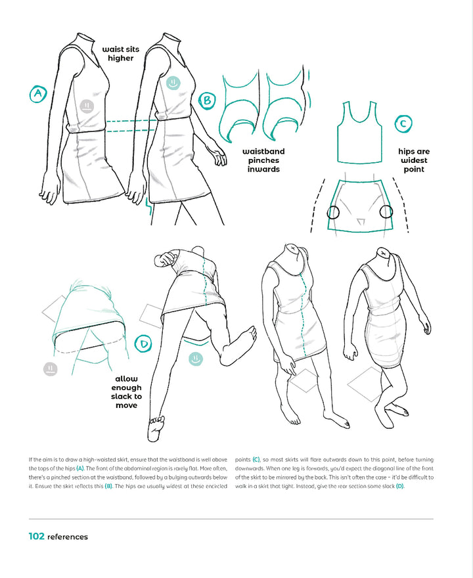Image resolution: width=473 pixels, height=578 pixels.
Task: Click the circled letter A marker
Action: coord(37,95)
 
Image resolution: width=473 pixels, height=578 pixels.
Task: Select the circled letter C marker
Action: coord(403,123)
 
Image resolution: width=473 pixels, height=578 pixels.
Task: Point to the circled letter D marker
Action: coord(144,343)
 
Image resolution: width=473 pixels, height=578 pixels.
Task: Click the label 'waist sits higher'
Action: coord(118,53)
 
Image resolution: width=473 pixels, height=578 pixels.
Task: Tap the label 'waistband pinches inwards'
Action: coord(263,160)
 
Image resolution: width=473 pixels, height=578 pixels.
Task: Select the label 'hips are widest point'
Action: coord(414,160)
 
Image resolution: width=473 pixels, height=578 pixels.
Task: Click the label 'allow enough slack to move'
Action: coord(127,392)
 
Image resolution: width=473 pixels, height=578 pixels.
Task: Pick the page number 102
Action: coord(36,536)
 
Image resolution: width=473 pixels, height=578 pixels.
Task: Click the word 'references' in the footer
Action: coord(68,537)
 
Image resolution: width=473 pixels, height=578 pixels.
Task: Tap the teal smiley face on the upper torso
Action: coord(172,83)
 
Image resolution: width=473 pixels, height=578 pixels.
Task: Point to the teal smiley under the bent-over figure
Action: coord(194,359)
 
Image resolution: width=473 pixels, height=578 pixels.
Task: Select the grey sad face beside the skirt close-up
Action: coord(51,368)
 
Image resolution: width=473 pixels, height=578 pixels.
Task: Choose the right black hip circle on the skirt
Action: coord(386,211)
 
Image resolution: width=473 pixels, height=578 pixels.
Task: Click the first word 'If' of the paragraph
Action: coord(31,458)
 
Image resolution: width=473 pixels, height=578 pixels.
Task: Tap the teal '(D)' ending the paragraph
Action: coord(399,486)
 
